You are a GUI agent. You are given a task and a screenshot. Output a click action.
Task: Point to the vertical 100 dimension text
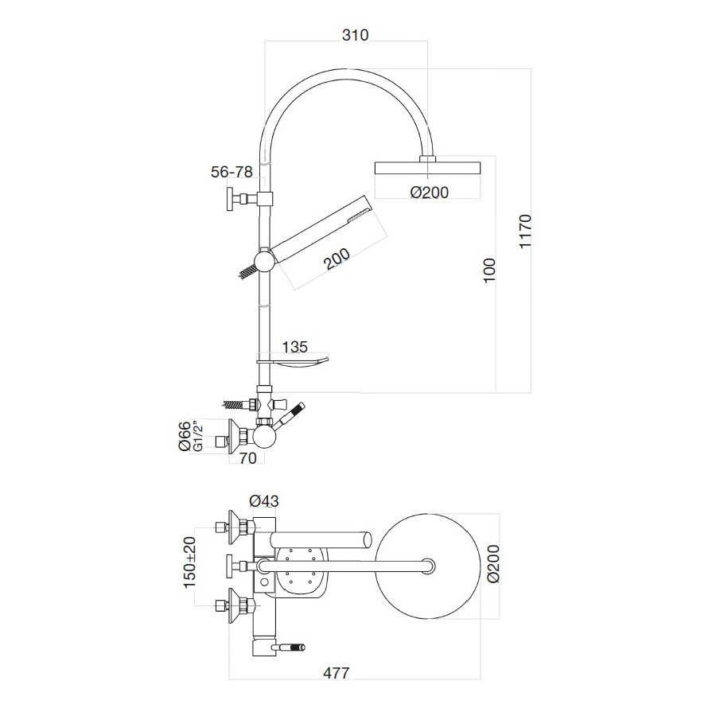[x=489, y=273]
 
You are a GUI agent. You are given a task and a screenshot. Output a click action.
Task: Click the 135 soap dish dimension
[x=296, y=346]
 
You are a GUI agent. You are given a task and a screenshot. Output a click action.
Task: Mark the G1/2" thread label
[x=198, y=437]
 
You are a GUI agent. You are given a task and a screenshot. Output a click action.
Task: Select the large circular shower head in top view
[x=429, y=566]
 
